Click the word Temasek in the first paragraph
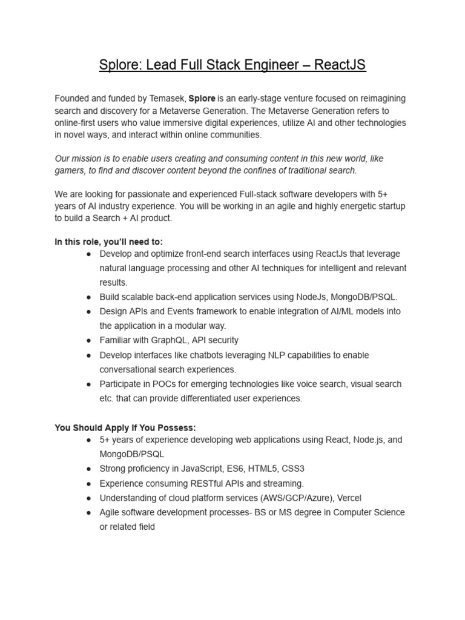pos(166,99)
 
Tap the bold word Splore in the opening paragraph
pos(202,99)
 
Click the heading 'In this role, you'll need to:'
pos(108,242)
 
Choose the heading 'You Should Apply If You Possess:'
pos(125,427)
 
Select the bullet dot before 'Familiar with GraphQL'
pos(88,340)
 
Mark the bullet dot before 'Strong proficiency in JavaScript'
pos(88,469)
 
